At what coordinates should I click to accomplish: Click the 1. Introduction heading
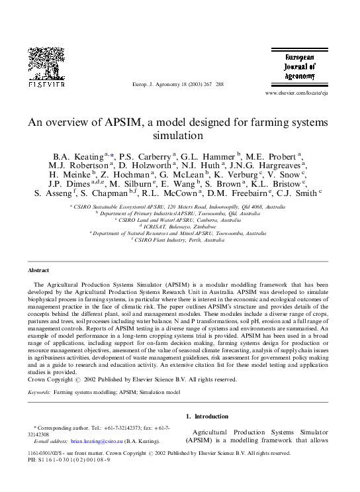click(206, 417)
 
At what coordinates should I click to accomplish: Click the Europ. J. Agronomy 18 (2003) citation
click(177, 85)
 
